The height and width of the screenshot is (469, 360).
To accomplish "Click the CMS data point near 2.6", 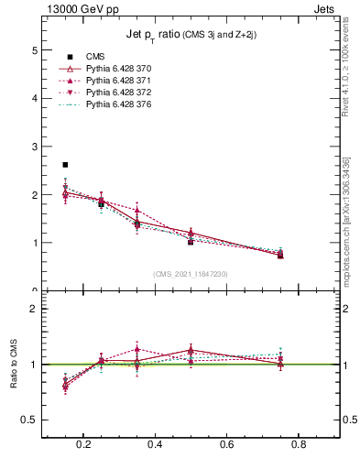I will (65, 165).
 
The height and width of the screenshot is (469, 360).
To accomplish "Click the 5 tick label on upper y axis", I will (34, 49).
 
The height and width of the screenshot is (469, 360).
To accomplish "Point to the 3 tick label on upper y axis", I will (34, 147).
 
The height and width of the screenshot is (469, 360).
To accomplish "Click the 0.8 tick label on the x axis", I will (298, 444).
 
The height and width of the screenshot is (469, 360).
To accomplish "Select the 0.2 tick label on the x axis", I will (83, 444).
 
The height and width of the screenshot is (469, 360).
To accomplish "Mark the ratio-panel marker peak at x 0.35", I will (136, 349).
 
